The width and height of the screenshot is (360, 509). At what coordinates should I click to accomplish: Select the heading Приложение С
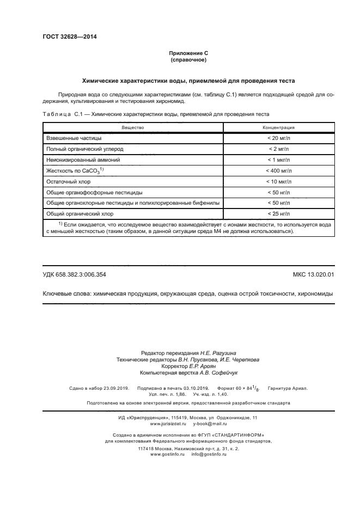(188, 53)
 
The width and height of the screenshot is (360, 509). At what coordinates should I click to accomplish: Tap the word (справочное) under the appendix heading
(188, 60)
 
